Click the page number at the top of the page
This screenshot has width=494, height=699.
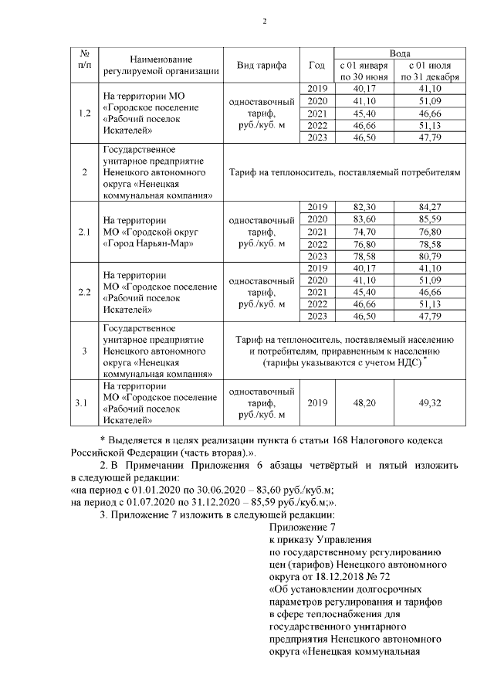click(264, 21)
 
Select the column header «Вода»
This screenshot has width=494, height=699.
click(399, 53)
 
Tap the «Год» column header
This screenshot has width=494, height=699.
click(316, 65)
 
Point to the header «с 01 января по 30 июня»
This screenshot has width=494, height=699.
click(363, 71)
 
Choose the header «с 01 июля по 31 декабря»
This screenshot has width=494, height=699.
click(430, 71)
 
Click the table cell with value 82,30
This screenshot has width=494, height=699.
click(363, 207)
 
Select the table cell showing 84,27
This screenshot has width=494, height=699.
click(430, 207)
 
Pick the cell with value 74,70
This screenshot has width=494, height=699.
click(363, 232)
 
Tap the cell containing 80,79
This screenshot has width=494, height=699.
click(430, 256)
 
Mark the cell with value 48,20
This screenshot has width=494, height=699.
click(363, 402)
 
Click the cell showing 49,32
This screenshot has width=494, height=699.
click(430, 402)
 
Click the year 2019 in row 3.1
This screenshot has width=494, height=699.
click(317, 402)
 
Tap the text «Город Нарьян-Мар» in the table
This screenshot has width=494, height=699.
click(147, 243)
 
